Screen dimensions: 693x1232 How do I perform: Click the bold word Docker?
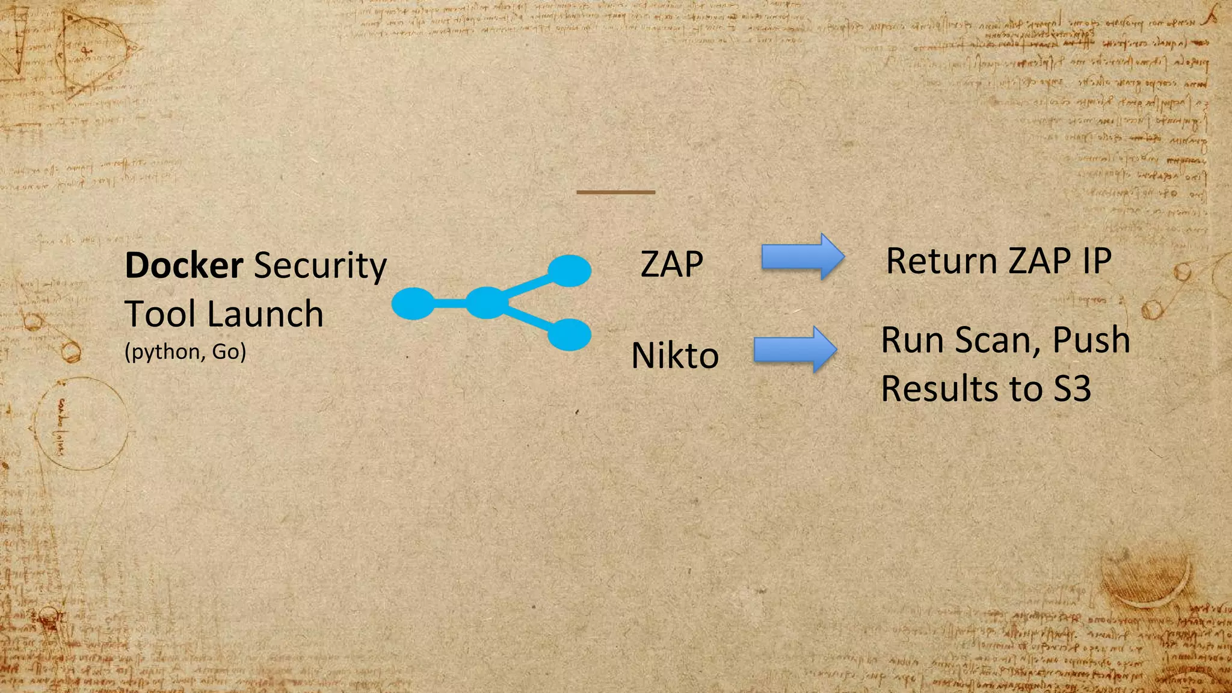point(183,265)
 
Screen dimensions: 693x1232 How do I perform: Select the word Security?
point(320,266)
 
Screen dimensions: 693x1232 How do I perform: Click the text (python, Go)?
point(185,351)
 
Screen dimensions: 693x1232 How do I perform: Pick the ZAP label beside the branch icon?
point(672,264)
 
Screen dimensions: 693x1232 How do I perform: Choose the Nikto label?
point(675,356)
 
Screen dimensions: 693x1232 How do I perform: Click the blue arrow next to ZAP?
point(802,257)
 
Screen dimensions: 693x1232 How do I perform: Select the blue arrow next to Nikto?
point(795,350)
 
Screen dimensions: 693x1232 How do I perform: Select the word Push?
point(1091,340)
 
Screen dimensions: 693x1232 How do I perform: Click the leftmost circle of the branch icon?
point(413,303)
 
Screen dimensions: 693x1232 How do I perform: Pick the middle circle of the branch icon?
point(486,303)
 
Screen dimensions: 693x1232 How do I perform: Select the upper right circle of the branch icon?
point(569,271)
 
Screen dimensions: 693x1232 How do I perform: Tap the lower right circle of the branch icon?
point(569,334)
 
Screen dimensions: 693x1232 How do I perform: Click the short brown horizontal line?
point(615,192)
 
